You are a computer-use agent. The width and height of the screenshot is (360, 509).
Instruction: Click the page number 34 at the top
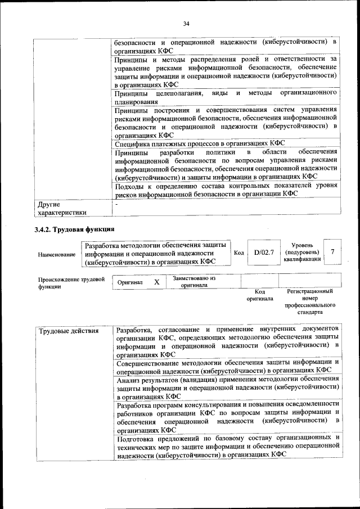coord(186,23)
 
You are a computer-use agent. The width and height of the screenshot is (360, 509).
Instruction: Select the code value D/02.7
coord(263,253)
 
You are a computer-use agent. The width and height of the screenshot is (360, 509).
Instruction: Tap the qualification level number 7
coord(333,252)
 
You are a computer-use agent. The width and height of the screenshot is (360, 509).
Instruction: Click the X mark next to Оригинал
coord(157,282)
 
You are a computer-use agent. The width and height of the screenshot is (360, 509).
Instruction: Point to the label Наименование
coord(57,254)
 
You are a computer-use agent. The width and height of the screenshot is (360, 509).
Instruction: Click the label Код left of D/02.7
coord(238,253)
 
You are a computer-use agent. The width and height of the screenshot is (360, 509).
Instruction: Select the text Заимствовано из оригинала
coord(194,281)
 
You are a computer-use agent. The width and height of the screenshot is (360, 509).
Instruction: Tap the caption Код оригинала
coord(259,295)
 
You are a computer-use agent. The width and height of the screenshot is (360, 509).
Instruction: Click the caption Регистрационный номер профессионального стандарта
coord(309,301)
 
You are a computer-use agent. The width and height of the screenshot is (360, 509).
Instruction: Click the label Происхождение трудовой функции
coord(71,282)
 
